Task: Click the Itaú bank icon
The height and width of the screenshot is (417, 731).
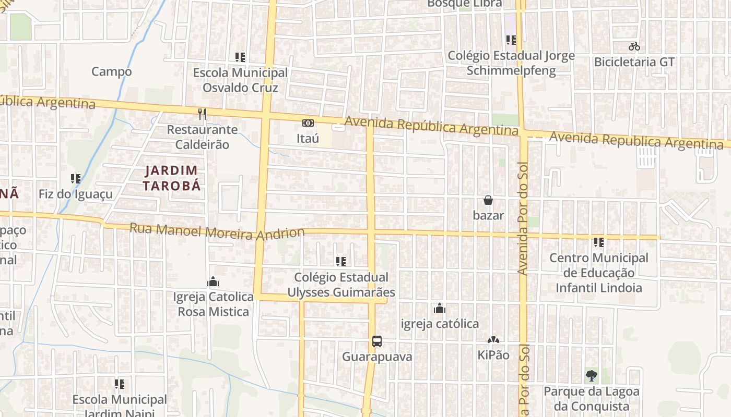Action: point(308,124)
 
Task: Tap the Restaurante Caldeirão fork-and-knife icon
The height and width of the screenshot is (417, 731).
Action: point(202,114)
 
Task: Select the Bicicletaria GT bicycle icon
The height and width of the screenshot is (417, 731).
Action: point(634,47)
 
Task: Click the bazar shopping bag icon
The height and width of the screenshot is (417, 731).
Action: point(488,200)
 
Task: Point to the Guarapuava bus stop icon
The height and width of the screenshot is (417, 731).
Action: point(377,342)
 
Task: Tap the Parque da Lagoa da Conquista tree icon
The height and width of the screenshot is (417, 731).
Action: point(592,375)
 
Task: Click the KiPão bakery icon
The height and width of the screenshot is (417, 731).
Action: point(493,340)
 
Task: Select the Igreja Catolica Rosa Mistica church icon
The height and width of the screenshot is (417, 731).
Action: point(213,282)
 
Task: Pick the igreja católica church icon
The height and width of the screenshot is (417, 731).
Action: point(440,309)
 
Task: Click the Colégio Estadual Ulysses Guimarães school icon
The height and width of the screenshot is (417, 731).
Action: point(341,262)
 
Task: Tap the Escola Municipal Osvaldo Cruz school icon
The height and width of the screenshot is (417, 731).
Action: point(240,57)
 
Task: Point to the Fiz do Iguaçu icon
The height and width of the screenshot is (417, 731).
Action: point(76,179)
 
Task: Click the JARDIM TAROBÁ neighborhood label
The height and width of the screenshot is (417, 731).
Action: point(172,178)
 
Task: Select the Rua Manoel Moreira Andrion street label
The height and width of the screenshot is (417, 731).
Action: point(217,232)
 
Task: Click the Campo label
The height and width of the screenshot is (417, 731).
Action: point(112,71)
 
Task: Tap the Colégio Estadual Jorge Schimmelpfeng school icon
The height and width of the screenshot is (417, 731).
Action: point(511,40)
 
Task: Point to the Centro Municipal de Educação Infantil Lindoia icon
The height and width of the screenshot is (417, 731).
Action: point(599,242)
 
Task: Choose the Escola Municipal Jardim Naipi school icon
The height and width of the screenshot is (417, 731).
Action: point(120,384)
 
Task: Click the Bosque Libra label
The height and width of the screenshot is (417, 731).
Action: point(465,4)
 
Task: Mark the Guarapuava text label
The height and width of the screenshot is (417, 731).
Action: point(377,357)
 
